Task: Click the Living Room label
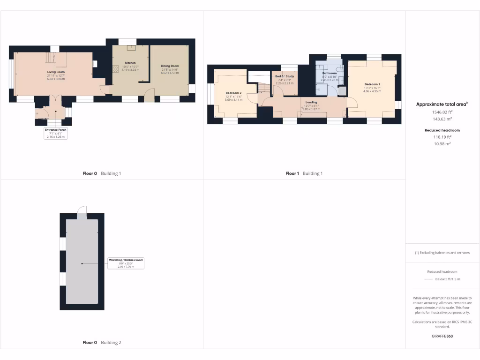pyautogui.click(x=56, y=72)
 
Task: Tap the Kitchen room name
pyautogui.click(x=130, y=63)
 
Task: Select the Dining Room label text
pyautogui.click(x=170, y=66)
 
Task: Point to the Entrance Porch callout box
pyautogui.click(x=56, y=133)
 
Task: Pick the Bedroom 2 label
pyautogui.click(x=233, y=93)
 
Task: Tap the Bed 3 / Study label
pyautogui.click(x=284, y=76)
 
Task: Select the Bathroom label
pyautogui.click(x=330, y=73)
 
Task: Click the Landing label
pyautogui.click(x=311, y=102)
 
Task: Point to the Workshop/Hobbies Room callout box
pyautogui.click(x=126, y=263)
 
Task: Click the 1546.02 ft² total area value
pyautogui.click(x=442, y=112)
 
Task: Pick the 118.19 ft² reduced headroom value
pyautogui.click(x=442, y=138)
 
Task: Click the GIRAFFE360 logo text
pyautogui.click(x=442, y=336)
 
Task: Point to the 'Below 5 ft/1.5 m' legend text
pyautogui.click(x=447, y=279)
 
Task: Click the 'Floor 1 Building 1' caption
pyautogui.click(x=304, y=173)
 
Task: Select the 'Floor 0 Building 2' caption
pyautogui.click(x=102, y=343)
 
